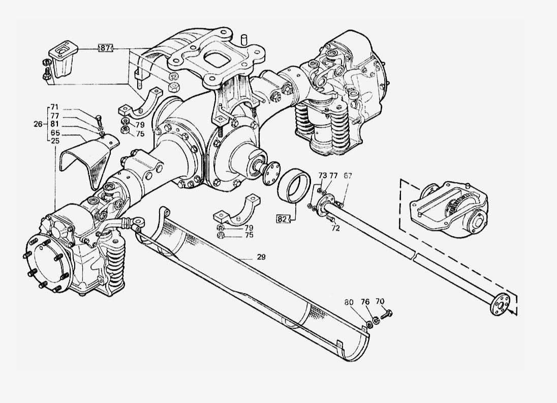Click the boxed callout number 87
pyautogui.click(x=105, y=48)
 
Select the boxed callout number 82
pyautogui.click(x=283, y=219)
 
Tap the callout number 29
pyautogui.click(x=261, y=257)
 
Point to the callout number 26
pyautogui.click(x=38, y=124)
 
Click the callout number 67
pyautogui.click(x=348, y=176)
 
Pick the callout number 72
pyautogui.click(x=335, y=228)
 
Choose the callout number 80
pyautogui.click(x=349, y=302)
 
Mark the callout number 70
pyautogui.click(x=380, y=301)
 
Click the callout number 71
pyautogui.click(x=54, y=107)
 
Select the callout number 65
pyautogui.click(x=55, y=133)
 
